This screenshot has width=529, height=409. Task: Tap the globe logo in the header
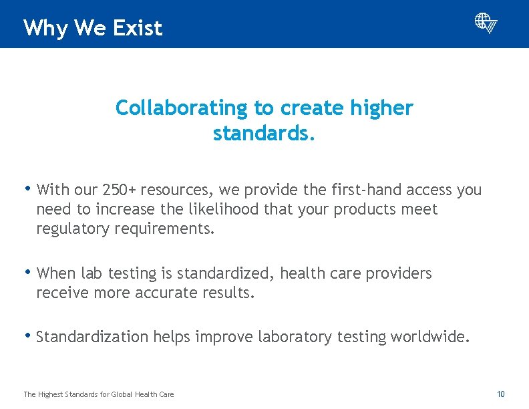486,23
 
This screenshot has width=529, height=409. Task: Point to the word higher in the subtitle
382,108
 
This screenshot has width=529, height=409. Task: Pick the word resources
166,190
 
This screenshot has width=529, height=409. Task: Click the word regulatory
73,229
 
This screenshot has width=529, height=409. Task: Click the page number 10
501,394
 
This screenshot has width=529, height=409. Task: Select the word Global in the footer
122,395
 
